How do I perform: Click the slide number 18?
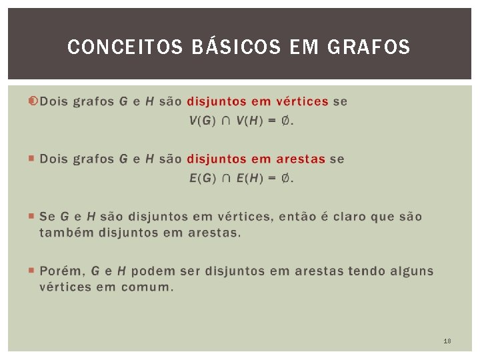[x=447, y=341]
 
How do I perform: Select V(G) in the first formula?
[x=203, y=121]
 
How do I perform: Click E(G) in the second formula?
[x=203, y=178]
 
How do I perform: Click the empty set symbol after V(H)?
[x=285, y=121]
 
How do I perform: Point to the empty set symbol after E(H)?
[x=285, y=178]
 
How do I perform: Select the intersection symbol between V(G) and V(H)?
[x=227, y=121]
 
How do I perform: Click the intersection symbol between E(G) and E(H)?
[x=227, y=178]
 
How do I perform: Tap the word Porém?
[x=61, y=271]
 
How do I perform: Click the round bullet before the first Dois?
[x=33, y=101]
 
